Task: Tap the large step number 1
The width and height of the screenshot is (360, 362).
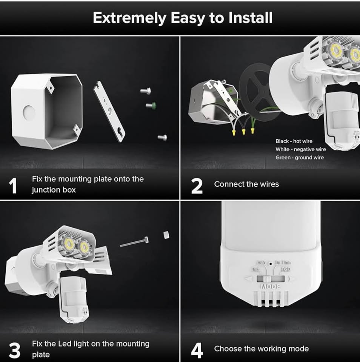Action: [13, 186]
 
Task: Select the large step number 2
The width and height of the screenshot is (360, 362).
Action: [197, 186]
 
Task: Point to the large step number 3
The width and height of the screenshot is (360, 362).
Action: [14, 351]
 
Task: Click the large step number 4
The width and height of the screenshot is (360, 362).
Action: [197, 351]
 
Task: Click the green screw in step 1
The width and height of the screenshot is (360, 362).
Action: [151, 105]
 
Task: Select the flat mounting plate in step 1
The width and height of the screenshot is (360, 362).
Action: [109, 112]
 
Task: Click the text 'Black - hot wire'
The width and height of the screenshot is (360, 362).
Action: [294, 141]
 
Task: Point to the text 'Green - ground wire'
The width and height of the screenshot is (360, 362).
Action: [300, 157]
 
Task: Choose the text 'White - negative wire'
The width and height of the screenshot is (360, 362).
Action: [300, 149]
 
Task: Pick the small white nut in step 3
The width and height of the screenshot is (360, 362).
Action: [166, 235]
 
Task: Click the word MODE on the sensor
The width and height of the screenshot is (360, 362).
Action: [270, 287]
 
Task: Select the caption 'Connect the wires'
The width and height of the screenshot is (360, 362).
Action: [246, 184]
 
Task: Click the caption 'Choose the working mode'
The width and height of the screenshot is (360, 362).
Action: [261, 349]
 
